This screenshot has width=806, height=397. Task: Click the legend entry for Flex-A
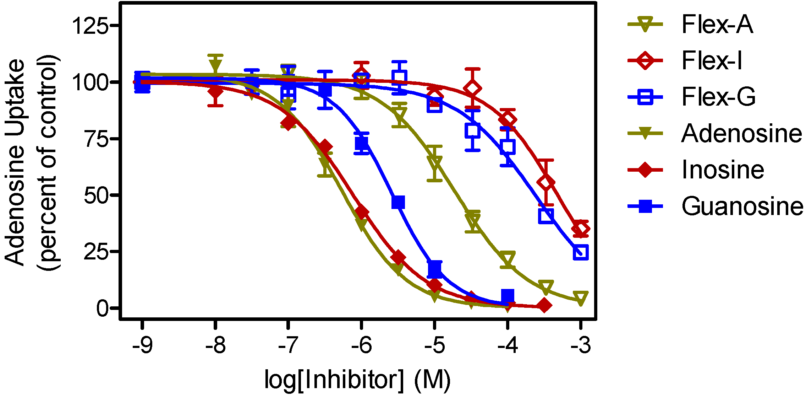pyautogui.click(x=717, y=25)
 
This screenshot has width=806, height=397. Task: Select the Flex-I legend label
pyautogui.click(x=711, y=60)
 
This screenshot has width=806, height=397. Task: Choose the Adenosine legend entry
pyautogui.click(x=741, y=134)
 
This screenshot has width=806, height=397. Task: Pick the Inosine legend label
pyautogui.click(x=723, y=170)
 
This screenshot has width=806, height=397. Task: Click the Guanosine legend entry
pyautogui.click(x=742, y=206)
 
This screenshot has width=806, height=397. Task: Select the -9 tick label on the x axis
pyautogui.click(x=142, y=345)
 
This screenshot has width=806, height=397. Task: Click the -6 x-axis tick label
pyautogui.click(x=361, y=345)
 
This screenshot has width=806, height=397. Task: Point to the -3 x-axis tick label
pyautogui.click(x=581, y=345)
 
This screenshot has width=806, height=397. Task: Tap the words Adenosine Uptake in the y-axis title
pyautogui.click(x=15, y=162)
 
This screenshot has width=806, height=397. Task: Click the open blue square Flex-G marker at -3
pyautogui.click(x=581, y=252)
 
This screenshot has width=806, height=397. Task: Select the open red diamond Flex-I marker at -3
pyautogui.click(x=581, y=229)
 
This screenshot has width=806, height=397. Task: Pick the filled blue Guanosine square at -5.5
pyautogui.click(x=398, y=202)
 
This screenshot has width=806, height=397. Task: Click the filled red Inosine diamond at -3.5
pyautogui.click(x=544, y=305)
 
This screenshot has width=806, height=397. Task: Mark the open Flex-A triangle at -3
pyautogui.click(x=581, y=297)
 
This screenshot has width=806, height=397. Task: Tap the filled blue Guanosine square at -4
pyautogui.click(x=508, y=295)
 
